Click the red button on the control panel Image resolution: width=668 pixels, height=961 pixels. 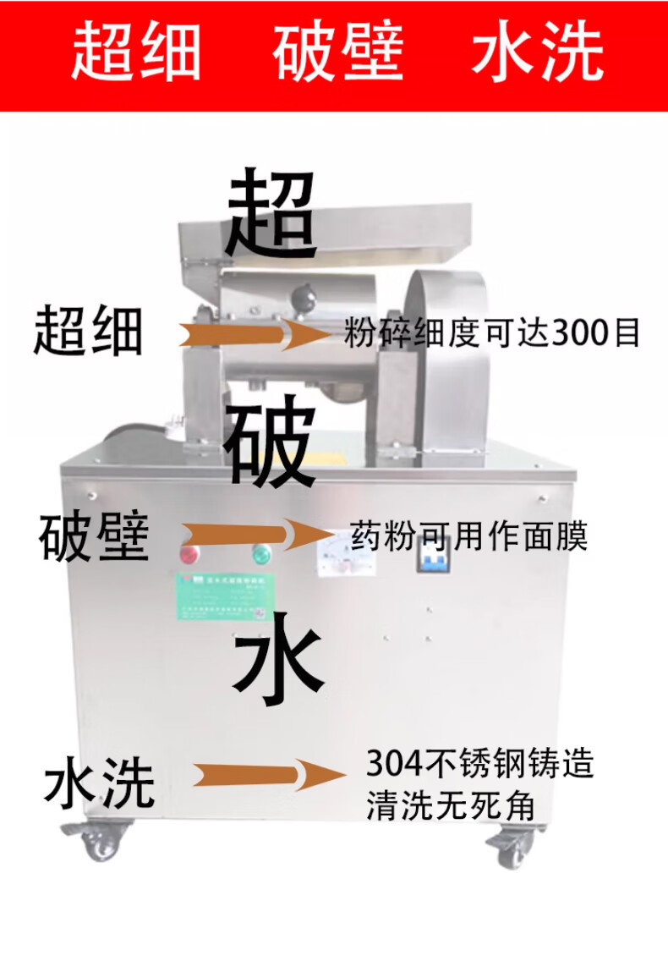(x=188, y=554)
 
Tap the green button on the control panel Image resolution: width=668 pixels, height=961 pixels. (x=261, y=554)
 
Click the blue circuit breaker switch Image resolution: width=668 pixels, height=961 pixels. (x=431, y=557)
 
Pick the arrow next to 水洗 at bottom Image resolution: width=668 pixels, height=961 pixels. (x=266, y=774)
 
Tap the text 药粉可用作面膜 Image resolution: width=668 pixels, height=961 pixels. (x=468, y=536)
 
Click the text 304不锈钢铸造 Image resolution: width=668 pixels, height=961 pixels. (x=479, y=764)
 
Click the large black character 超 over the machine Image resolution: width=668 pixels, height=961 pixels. (x=271, y=213)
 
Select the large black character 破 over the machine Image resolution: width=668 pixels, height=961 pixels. (x=271, y=444)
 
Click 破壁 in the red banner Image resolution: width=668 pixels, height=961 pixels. (x=337, y=52)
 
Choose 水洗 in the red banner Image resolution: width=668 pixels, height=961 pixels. (x=536, y=52)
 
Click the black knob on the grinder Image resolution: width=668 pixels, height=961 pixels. (x=302, y=298)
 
